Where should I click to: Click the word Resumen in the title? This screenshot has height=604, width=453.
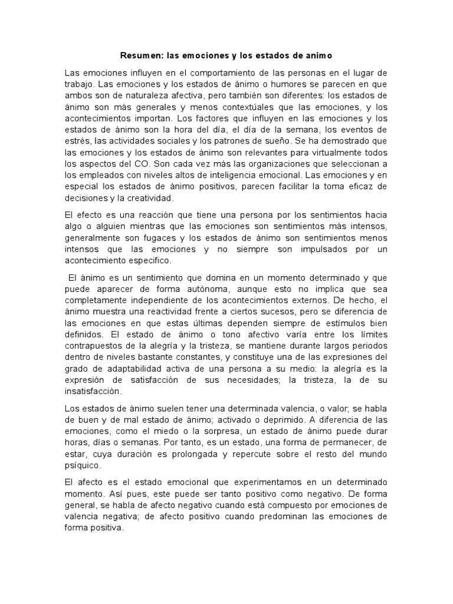142,56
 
